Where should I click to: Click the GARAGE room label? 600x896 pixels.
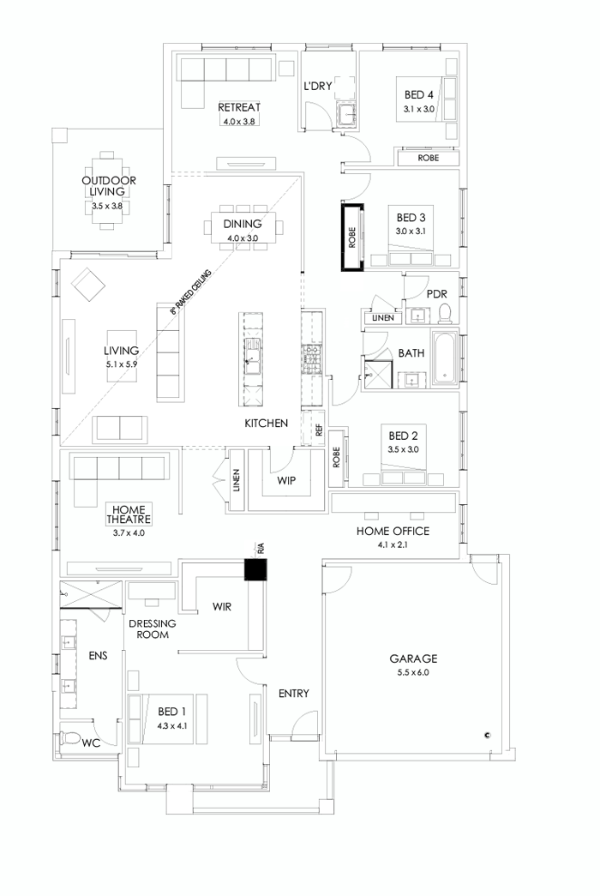point(413,658)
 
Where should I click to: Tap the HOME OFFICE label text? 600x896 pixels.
point(393,532)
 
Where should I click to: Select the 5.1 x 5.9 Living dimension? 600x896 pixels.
point(121,363)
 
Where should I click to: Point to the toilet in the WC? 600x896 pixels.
point(71,738)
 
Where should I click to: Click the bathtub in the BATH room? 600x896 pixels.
point(445,356)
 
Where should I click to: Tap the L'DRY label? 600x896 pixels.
point(318,87)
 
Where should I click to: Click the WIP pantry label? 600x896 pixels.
point(286,481)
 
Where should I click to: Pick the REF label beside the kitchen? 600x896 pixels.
point(319,431)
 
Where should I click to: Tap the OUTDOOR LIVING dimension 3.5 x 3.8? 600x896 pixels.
point(109,206)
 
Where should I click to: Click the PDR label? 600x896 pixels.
point(437,293)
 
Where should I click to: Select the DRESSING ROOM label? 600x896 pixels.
point(153,629)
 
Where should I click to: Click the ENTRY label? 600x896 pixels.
point(293,694)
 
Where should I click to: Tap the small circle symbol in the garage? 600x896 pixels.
point(487,734)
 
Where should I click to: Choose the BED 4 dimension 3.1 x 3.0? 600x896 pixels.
point(420,110)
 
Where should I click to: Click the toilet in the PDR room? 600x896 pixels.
point(445,315)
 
